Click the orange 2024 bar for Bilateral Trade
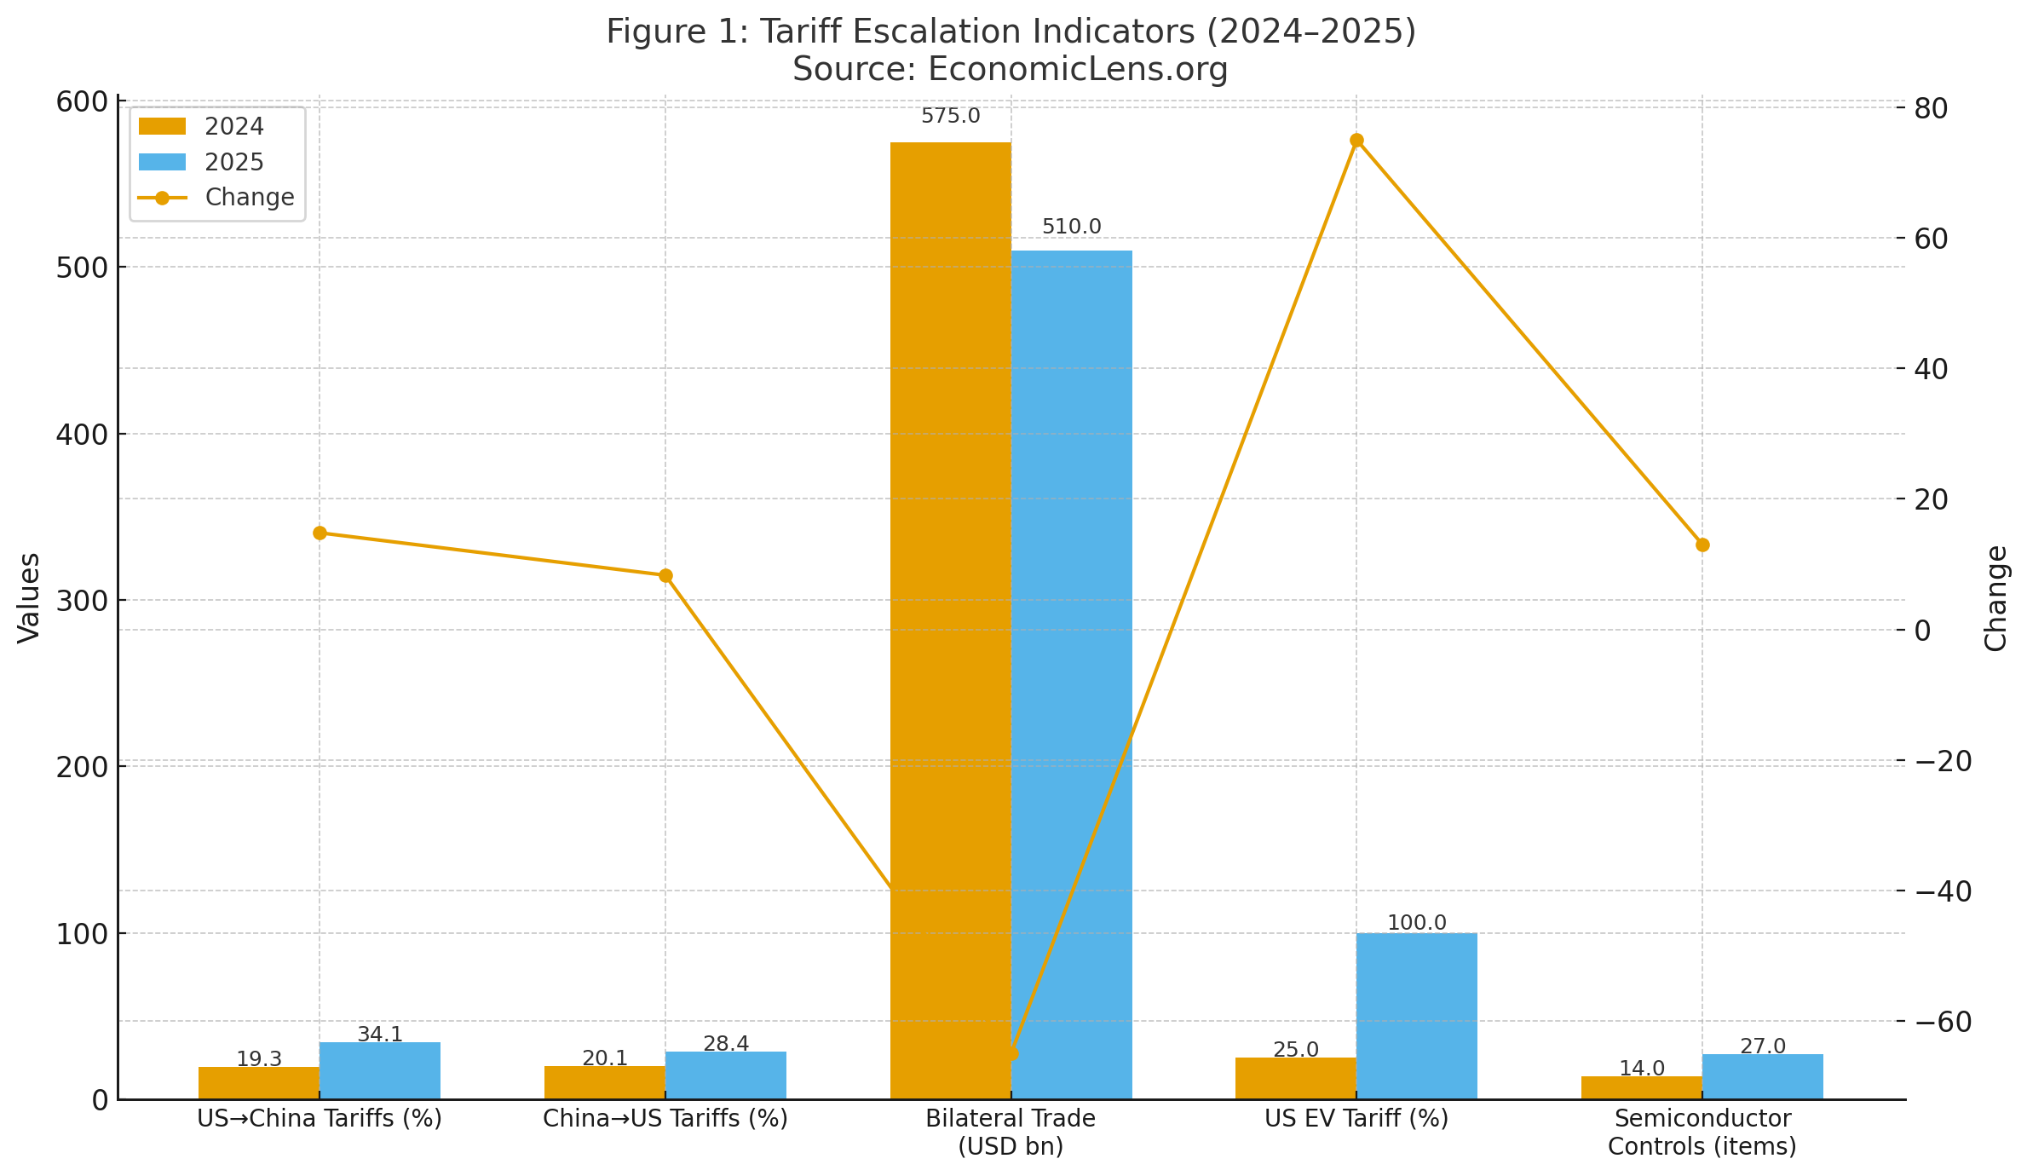pos(950,597)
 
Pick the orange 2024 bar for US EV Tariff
pos(1295,1078)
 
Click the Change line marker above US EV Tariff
pos(1356,141)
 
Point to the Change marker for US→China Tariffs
pos(320,533)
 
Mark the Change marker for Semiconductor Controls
pos(1702,545)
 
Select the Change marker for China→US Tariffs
pos(665,575)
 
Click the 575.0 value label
pos(950,117)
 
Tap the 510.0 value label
pos(1071,228)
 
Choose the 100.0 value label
pos(1416,923)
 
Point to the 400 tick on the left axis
pos(83,435)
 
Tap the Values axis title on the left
pos(29,597)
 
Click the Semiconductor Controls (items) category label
pos(1702,1133)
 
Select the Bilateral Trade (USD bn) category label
pos(1011,1133)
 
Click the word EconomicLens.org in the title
pos(1077,69)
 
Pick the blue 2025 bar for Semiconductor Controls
pos(1762,1076)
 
